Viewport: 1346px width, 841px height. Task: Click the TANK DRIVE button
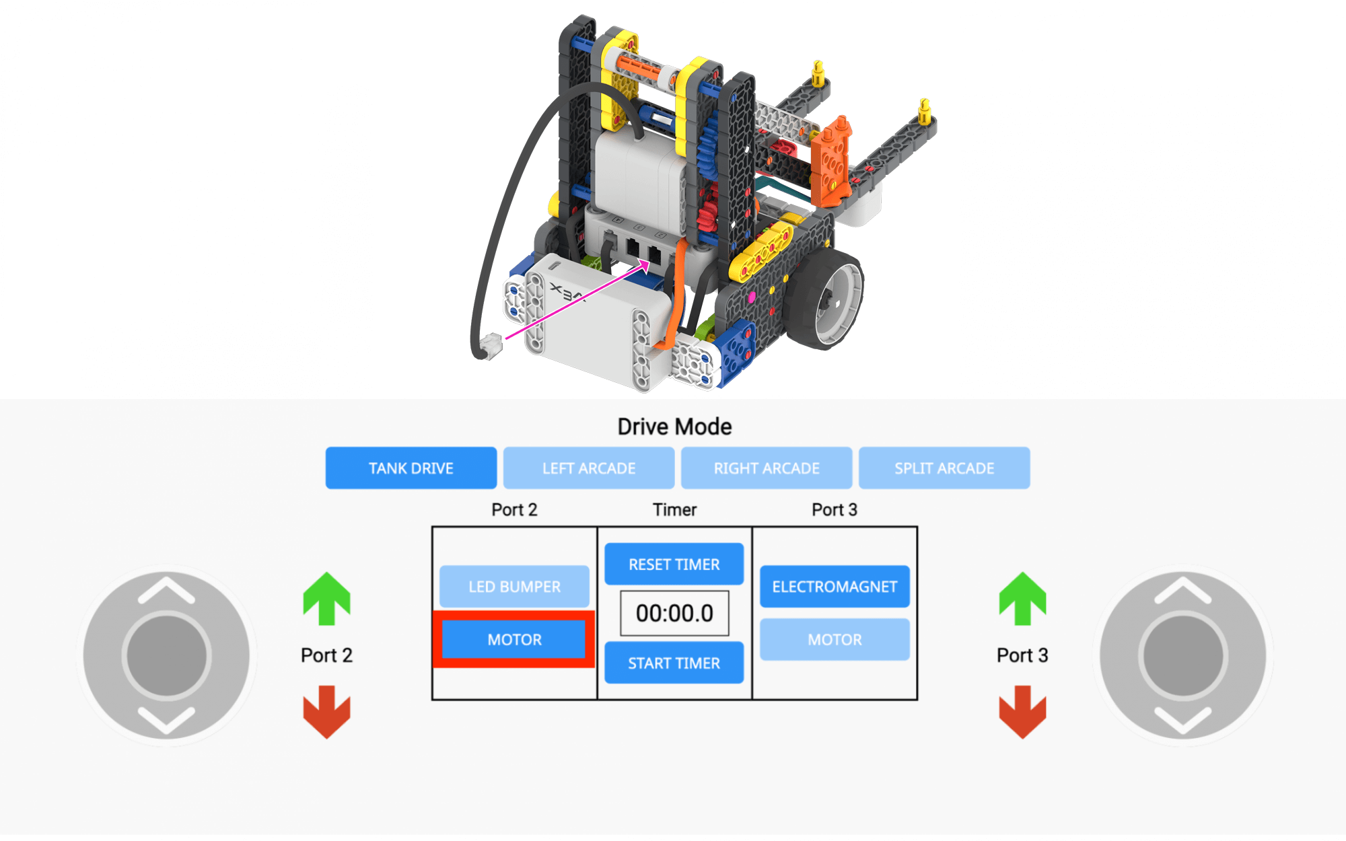pos(411,468)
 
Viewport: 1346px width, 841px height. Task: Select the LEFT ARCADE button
pos(589,468)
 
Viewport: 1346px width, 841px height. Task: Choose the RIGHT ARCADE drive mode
pos(767,468)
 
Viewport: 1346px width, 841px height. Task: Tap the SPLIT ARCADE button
pos(944,468)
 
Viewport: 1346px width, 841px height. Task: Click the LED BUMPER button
pos(514,587)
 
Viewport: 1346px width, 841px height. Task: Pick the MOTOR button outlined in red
pos(514,639)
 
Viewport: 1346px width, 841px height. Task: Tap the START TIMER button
pos(674,663)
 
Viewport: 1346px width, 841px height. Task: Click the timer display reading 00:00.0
pos(674,613)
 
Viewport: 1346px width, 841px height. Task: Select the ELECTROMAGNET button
pos(835,587)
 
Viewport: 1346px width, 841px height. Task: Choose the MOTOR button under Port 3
pos(835,639)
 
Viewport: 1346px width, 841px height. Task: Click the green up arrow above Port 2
pos(326,598)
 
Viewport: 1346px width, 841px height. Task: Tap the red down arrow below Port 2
pos(326,712)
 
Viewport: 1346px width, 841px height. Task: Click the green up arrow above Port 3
pos(1022,598)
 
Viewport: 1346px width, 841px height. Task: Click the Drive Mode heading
pos(674,427)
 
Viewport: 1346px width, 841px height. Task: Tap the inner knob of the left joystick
pos(166,655)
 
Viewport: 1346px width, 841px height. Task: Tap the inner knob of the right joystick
pos(1182,655)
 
